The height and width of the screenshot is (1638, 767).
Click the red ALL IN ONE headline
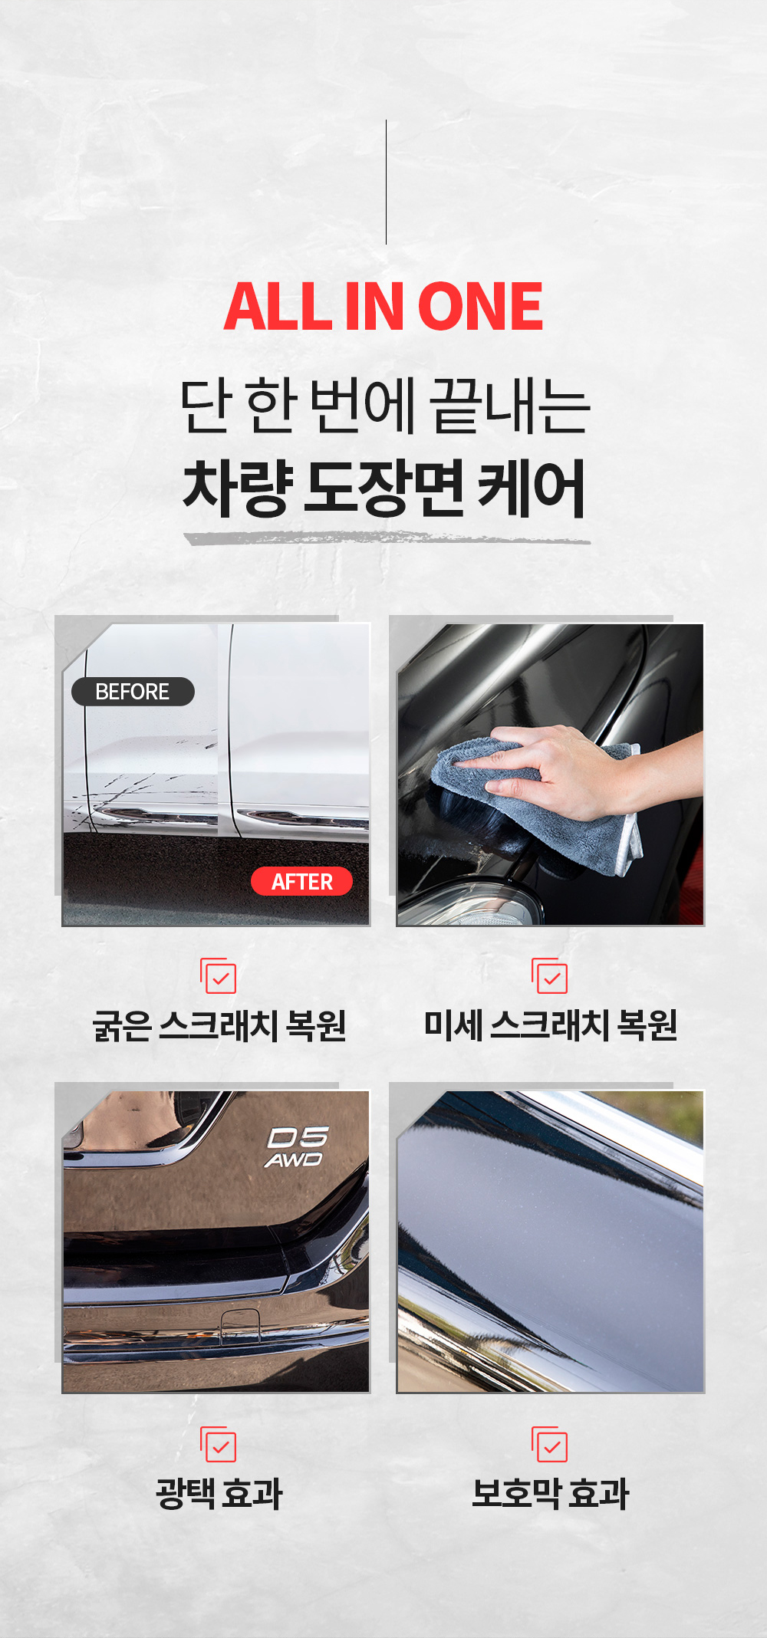[383, 306]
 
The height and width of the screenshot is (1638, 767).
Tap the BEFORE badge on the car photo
[133, 692]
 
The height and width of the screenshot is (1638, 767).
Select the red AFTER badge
[301, 881]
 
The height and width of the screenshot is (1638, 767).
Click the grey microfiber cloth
[537, 805]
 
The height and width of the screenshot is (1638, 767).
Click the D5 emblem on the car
[298, 1137]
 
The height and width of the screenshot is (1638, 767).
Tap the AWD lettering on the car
[294, 1159]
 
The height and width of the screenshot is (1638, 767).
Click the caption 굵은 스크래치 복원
[219, 1025]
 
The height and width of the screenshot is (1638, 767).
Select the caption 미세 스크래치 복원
[551, 1025]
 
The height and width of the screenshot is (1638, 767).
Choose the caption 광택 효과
[219, 1493]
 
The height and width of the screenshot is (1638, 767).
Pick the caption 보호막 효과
[551, 1493]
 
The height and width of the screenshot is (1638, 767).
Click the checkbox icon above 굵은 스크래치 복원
[219, 975]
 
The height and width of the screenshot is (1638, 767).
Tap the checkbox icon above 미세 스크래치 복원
[550, 975]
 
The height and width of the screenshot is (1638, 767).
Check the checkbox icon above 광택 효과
[219, 1445]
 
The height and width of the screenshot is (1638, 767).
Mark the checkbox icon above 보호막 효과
[550, 1445]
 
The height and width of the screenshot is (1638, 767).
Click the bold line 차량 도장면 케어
[384, 488]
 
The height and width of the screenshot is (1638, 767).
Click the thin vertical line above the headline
[386, 182]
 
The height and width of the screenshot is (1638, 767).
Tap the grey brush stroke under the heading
[387, 538]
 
